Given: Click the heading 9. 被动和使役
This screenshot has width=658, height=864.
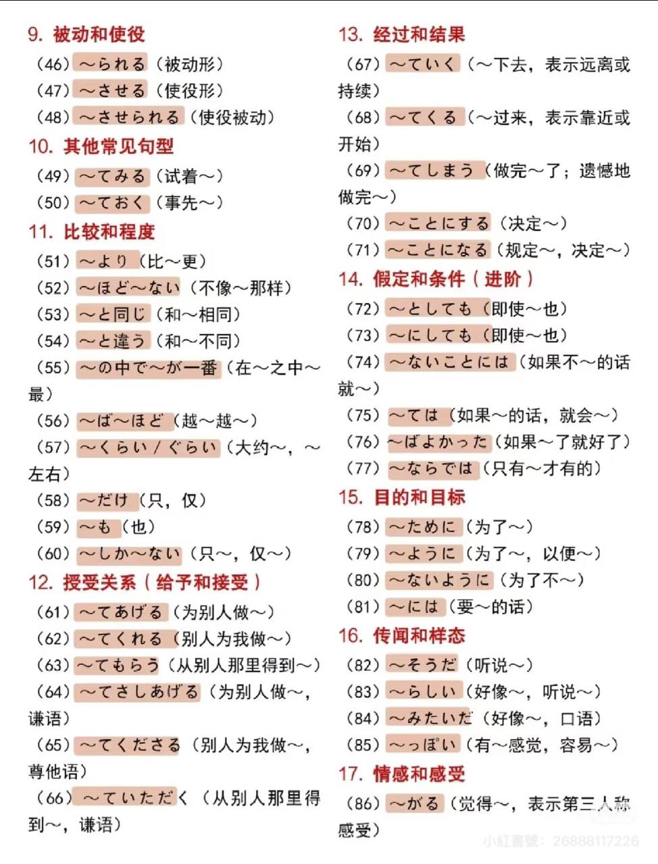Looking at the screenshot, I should coord(86,34).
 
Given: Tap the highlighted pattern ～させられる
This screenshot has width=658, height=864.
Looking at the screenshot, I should coord(128,117).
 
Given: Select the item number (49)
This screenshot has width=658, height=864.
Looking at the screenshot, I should coord(53,176).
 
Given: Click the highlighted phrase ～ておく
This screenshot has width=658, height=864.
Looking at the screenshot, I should coord(111,202).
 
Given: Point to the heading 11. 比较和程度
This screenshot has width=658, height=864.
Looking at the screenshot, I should coord(91,232).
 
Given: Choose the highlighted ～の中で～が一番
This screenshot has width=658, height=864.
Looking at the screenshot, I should coord(148,368).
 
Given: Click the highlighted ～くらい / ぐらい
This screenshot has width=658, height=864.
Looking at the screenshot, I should coord(148,448).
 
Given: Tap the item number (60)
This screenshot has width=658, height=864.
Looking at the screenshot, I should coord(53,554).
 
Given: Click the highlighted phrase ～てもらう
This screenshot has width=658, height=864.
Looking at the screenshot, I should coord(118,666).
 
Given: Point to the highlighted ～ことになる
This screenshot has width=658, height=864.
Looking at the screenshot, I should coord(438,250).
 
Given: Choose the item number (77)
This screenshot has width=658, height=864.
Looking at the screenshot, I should coord(363,469).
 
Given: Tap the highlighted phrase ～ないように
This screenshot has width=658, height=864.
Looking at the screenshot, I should coord(438,580).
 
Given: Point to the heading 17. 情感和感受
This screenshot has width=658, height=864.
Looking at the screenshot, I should coord(401,774).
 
